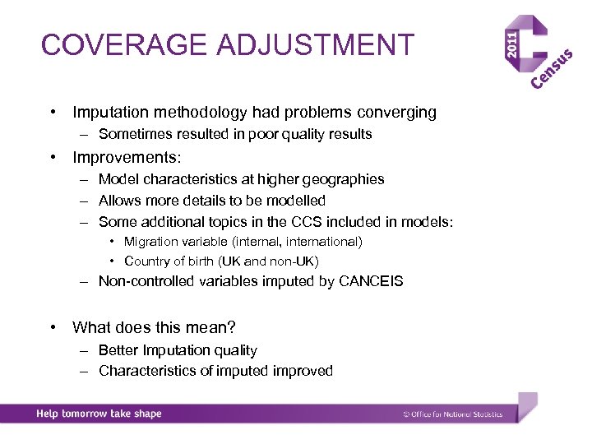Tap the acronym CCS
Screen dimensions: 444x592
tap(276, 222)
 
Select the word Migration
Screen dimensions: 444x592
tap(150, 242)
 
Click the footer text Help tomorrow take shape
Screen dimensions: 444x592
tap(99, 414)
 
